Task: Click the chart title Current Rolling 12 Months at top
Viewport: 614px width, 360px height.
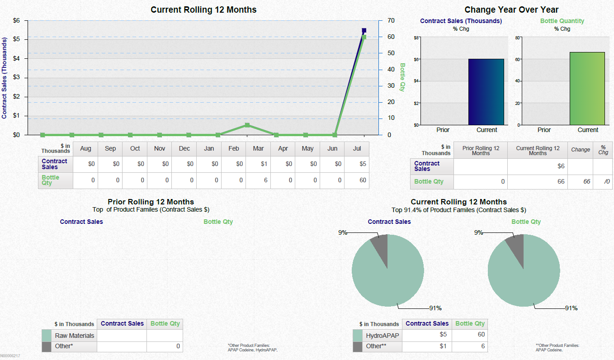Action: pyautogui.click(x=203, y=9)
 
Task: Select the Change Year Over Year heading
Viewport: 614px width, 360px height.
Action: pyautogui.click(x=511, y=9)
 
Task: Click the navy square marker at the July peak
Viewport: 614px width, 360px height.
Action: pyautogui.click(x=364, y=31)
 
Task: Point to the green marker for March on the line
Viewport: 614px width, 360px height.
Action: pyautogui.click(x=247, y=125)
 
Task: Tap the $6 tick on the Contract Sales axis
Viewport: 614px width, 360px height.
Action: pyautogui.click(x=16, y=21)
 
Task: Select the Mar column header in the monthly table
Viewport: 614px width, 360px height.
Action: pyautogui.click(x=258, y=149)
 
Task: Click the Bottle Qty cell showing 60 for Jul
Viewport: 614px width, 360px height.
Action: pyautogui.click(x=356, y=180)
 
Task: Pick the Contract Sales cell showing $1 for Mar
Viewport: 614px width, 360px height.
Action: pyautogui.click(x=258, y=164)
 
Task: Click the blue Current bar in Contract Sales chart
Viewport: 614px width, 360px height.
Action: pyautogui.click(x=486, y=92)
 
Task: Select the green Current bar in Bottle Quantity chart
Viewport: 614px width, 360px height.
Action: pyautogui.click(x=587, y=89)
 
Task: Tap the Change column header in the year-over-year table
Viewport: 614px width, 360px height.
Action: pyautogui.click(x=580, y=150)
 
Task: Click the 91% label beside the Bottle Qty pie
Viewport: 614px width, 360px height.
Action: pyautogui.click(x=571, y=308)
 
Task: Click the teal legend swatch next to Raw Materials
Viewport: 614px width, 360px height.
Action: pyautogui.click(x=47, y=336)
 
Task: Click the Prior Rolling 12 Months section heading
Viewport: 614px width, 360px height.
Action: pyautogui.click(x=151, y=202)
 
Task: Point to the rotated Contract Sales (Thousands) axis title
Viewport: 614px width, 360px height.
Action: pyautogui.click(x=5, y=78)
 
